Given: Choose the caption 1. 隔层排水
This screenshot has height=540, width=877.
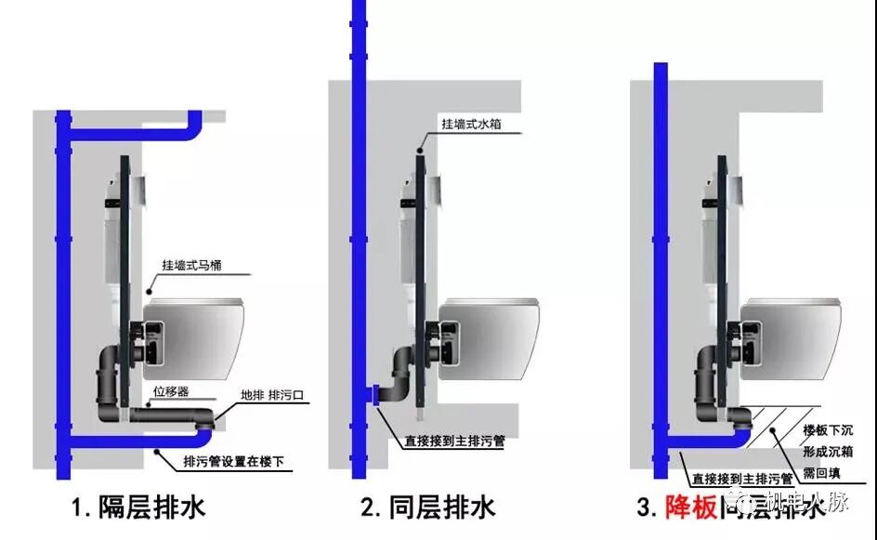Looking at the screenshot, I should point(138,507).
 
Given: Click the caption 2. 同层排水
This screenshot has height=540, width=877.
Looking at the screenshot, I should point(428,507).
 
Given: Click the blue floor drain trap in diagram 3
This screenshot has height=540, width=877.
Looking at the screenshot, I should point(740,421).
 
